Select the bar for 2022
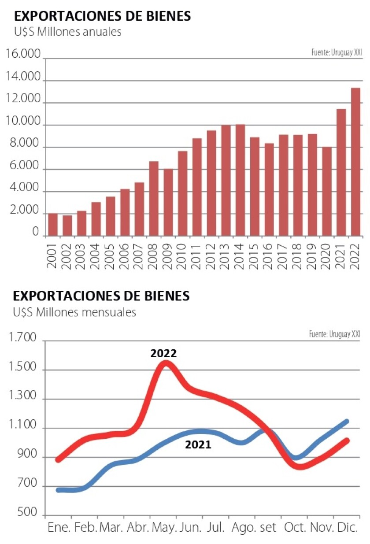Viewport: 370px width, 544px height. click(x=355, y=162)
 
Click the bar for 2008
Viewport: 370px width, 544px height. click(x=154, y=198)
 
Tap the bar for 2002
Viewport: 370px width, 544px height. click(x=67, y=225)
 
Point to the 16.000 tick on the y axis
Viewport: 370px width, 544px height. click(x=23, y=54)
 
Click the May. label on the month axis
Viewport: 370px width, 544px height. click(x=163, y=527)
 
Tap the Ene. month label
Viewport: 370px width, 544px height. click(x=59, y=527)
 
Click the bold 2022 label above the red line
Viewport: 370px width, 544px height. click(x=163, y=354)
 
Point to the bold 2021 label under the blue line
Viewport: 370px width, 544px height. click(x=198, y=445)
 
